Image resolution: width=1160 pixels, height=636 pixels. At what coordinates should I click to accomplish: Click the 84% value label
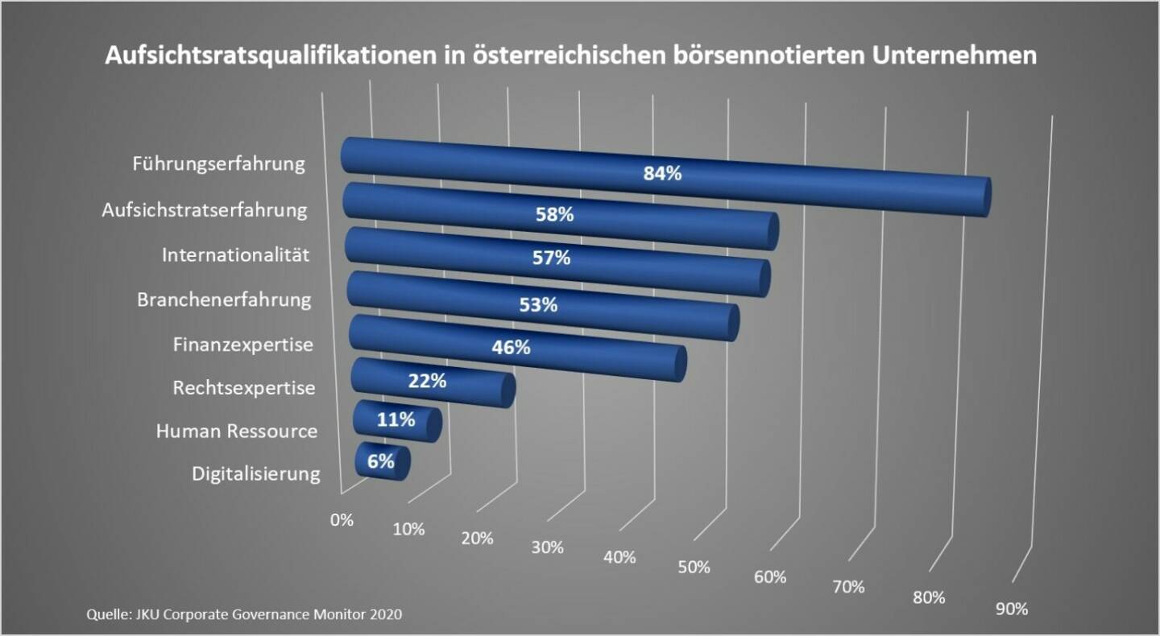662,173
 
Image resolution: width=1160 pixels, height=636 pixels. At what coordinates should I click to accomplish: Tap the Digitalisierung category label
256,473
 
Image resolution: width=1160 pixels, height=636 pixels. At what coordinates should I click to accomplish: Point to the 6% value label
381,461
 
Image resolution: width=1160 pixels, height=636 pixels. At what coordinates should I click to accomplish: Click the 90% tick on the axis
1012,609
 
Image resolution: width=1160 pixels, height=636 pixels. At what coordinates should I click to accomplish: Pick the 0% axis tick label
342,520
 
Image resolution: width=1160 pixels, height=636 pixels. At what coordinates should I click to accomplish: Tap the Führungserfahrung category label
219,164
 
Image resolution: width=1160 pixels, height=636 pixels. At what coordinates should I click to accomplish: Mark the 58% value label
554,215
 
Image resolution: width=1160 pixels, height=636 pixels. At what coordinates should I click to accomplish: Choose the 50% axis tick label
694,567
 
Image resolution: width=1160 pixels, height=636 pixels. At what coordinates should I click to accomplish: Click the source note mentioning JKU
244,614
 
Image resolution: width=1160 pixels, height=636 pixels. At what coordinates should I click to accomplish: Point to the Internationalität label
236,255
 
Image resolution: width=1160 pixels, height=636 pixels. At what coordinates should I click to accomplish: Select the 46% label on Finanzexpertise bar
511,348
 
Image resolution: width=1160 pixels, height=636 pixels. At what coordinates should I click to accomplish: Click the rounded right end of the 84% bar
983,197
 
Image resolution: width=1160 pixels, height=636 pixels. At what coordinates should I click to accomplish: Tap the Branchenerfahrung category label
224,300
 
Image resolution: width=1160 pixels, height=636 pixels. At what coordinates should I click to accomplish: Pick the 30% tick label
548,547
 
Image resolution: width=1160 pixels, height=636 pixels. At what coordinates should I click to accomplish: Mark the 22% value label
427,382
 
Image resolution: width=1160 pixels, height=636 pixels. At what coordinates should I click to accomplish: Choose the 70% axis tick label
848,587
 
